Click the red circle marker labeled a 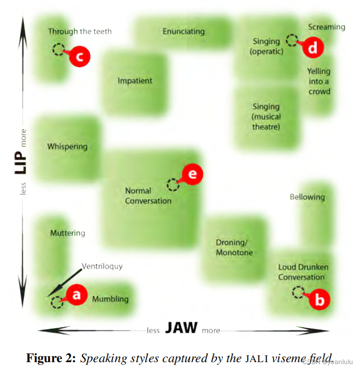coord(76,295)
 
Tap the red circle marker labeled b coord(319,299)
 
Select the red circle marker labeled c coord(79,56)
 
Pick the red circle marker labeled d coord(313,48)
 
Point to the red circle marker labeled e coord(192,174)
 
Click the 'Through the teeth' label coord(80,31)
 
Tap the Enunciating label coord(183,31)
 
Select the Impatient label coord(135,81)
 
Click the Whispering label coord(67,146)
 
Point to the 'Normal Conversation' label coord(148,195)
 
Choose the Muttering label coord(67,233)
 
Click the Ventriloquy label coord(102,267)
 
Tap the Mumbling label coord(110,299)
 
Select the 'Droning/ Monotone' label coord(234,247)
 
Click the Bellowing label coord(307,197)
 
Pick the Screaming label coord(327,27)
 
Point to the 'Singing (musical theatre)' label coord(266,117)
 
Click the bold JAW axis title coord(181,328)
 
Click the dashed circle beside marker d coord(292,40)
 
